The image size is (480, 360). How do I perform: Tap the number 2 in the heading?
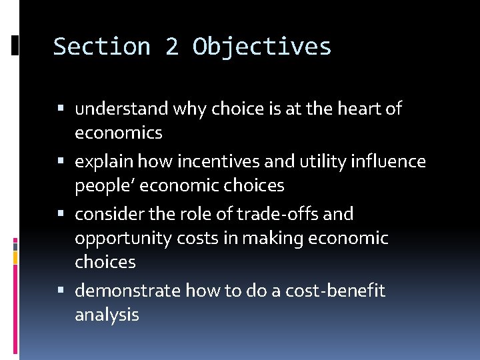[172, 47]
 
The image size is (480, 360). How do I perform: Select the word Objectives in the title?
[262, 47]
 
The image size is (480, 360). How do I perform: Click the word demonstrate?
[127, 291]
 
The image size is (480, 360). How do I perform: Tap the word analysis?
[107, 315]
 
